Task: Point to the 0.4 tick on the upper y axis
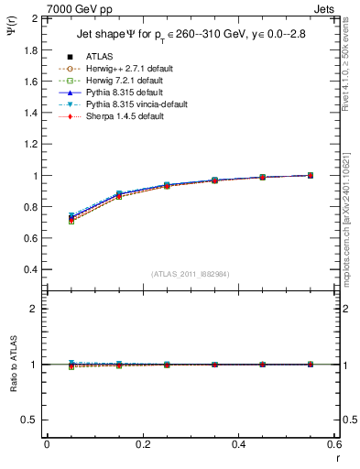pyautogui.click(x=31, y=270)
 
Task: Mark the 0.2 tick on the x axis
pyautogui.click(x=143, y=444)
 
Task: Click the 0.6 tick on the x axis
pyautogui.click(x=334, y=444)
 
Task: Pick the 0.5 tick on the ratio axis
pyautogui.click(x=31, y=420)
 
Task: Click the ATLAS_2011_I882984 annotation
pyautogui.click(x=191, y=274)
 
